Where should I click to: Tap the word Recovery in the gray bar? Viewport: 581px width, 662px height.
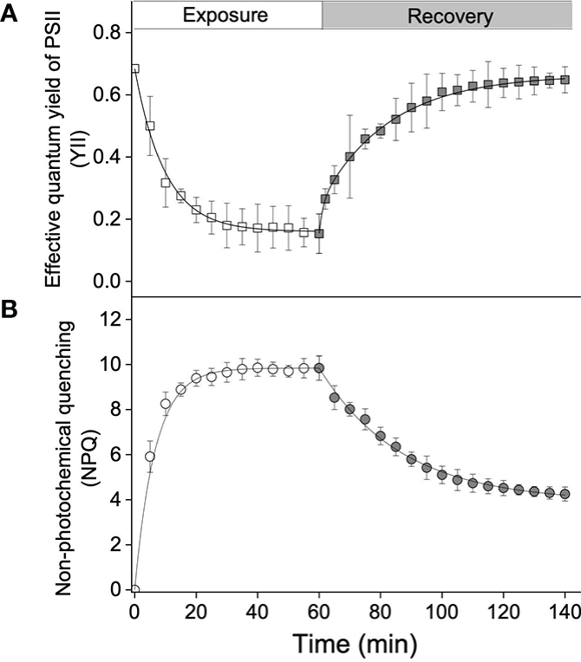(450, 16)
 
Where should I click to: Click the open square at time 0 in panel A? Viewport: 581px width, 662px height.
(134, 68)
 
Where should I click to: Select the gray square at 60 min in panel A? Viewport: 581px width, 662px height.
(319, 233)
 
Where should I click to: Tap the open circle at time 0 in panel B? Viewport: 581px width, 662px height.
(134, 590)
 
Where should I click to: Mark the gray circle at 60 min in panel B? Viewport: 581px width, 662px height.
(319, 368)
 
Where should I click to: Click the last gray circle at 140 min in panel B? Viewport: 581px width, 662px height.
(565, 494)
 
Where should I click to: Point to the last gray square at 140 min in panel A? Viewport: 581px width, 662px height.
(565, 80)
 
